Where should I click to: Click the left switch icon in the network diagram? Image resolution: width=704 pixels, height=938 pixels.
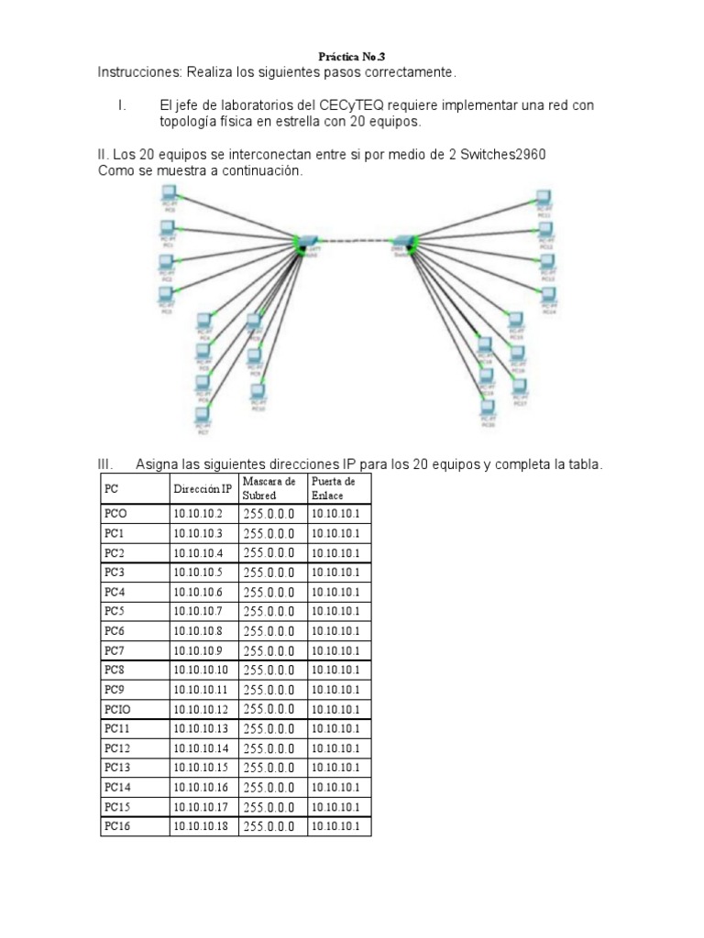pos(304,242)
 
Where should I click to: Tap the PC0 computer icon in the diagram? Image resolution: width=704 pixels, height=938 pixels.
pos(169,193)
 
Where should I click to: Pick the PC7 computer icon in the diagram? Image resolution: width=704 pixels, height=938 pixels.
pos(203,414)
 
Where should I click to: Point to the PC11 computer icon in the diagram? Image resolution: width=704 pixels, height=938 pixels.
pos(543,199)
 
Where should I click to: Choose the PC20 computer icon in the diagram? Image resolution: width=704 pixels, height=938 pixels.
pos(488,409)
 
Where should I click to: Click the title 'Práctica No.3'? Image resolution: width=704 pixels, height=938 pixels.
pos(352,56)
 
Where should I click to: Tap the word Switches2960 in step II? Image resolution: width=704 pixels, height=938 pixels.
pos(502,154)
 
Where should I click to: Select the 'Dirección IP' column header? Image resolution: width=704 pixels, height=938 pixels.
pos(203,488)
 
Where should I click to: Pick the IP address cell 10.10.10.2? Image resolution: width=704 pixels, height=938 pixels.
pos(198,514)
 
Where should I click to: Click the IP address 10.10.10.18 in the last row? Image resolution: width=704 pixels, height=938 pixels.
pos(201,826)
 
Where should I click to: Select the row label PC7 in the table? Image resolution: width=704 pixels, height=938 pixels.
pos(115,650)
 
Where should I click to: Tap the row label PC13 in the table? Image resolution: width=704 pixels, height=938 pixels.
pos(117,768)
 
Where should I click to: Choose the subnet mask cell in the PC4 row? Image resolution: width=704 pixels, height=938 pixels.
pos(269,593)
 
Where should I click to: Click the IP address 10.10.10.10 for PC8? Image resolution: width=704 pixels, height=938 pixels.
pos(201,671)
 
